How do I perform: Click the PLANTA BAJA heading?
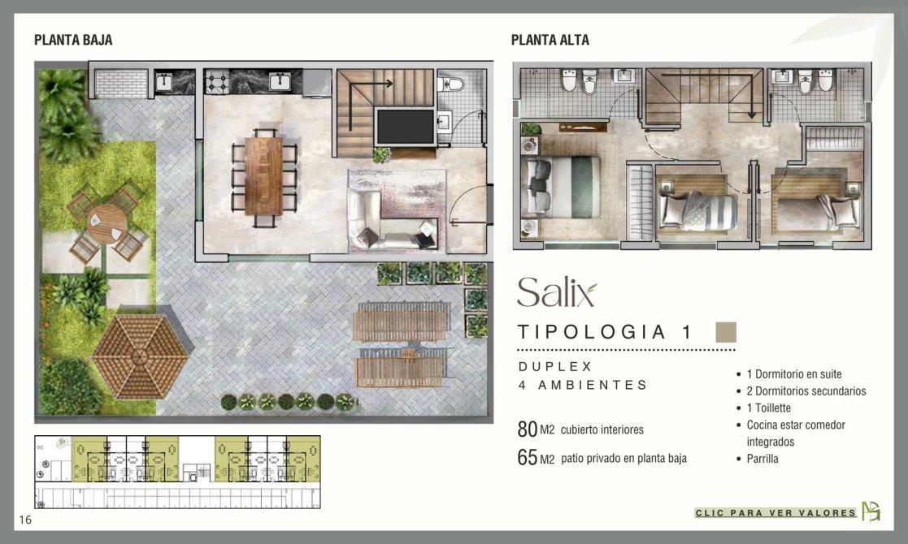(73, 40)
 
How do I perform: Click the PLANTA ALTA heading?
(550, 40)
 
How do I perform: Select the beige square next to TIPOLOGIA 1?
(726, 332)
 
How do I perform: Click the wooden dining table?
(263, 175)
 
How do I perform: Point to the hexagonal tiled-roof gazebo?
(140, 356)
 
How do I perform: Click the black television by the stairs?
(406, 127)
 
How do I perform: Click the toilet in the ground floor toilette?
(451, 84)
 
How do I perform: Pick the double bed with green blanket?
(561, 187)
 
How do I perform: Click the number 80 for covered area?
(528, 429)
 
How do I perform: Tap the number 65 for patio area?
(528, 457)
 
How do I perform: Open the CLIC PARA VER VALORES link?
(775, 513)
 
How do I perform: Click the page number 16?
(25, 520)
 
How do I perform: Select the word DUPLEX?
(555, 366)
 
